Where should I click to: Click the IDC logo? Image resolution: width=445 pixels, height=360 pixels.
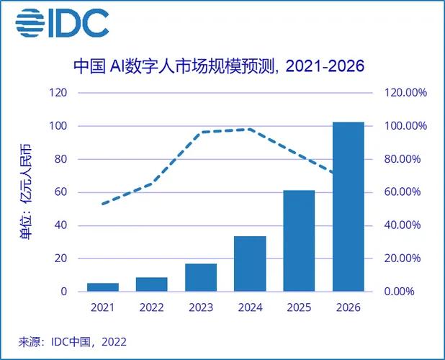(x=62, y=23)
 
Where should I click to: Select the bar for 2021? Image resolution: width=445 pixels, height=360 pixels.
(x=103, y=287)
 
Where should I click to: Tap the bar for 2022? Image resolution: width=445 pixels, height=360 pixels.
(x=152, y=284)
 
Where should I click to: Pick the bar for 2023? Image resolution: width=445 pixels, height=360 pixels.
(x=201, y=278)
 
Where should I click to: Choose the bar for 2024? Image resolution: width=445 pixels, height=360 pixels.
(x=250, y=264)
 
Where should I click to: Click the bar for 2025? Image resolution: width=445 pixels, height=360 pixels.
(x=299, y=241)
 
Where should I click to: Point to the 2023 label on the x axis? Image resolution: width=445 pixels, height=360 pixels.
(x=201, y=308)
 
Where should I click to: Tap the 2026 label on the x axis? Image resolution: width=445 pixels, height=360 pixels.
(x=348, y=308)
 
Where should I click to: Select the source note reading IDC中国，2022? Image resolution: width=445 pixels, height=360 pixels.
(x=72, y=341)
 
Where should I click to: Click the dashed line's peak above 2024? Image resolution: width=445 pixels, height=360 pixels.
(x=249, y=130)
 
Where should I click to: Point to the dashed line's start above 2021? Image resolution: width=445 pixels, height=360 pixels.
(x=103, y=204)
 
